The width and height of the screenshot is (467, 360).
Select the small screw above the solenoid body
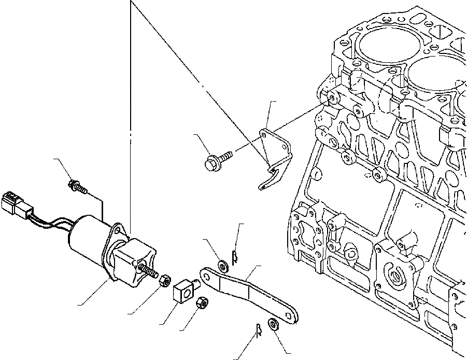[78, 185]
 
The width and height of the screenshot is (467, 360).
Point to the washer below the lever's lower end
[273, 325]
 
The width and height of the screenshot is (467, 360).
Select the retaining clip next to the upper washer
[234, 254]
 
